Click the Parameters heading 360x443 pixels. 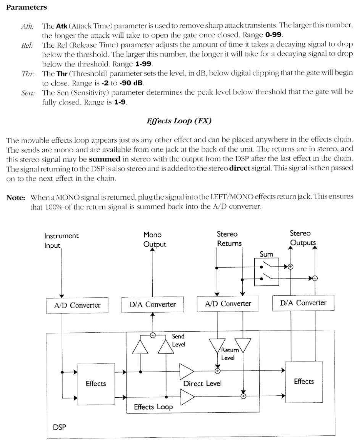(26, 7)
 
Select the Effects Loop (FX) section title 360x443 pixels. (179, 121)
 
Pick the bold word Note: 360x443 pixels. (16, 198)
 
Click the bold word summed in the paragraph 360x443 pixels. (104, 159)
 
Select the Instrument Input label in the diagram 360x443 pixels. (61, 241)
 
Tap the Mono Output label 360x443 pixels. (154, 239)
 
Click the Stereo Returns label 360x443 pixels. (229, 239)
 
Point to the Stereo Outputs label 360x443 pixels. (302, 238)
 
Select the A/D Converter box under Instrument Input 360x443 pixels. (77, 305)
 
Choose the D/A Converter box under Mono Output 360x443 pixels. (152, 304)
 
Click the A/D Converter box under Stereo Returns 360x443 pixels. (228, 304)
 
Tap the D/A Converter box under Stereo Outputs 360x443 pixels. (303, 303)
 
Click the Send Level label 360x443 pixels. (178, 340)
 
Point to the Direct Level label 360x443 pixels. (202, 383)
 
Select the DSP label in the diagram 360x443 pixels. (60, 427)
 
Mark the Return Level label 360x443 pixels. (229, 354)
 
